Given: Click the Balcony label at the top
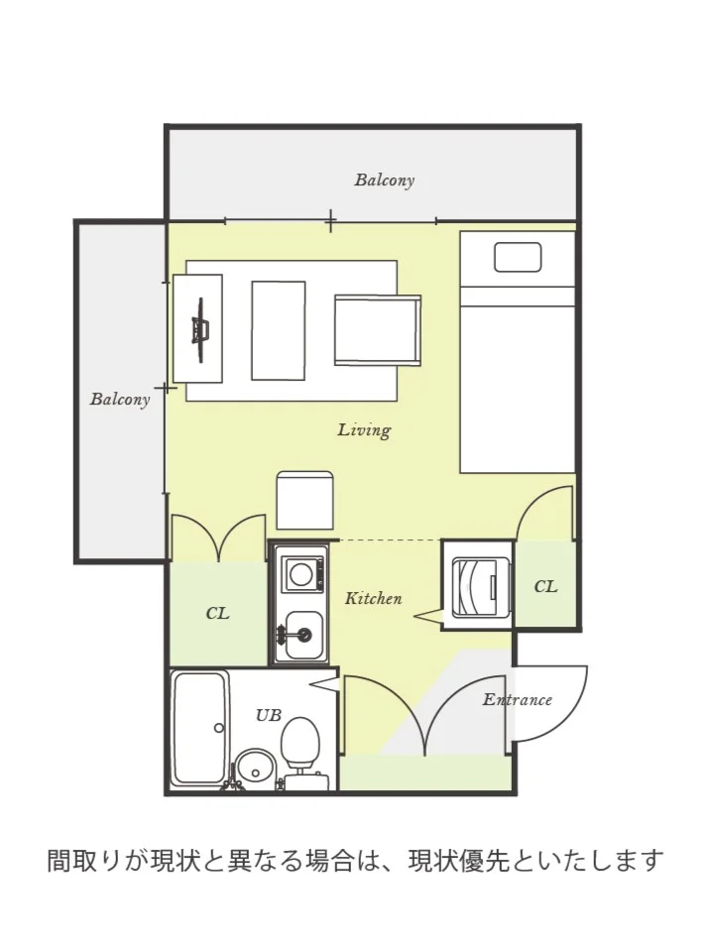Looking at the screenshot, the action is (385, 180).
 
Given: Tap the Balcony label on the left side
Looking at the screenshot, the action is (120, 399).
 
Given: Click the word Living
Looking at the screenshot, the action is (364, 430).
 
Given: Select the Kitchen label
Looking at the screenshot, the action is (374, 599).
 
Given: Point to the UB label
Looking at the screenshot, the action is (269, 716).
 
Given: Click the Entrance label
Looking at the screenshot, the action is (518, 700).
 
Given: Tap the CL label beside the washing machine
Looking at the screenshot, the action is (545, 586).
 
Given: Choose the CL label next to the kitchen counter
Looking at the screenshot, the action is (217, 614).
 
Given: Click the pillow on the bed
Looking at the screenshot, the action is (518, 257).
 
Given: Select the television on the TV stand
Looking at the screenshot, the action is (200, 330).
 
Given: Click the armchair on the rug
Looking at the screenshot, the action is (378, 330).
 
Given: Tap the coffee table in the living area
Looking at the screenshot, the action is (279, 330).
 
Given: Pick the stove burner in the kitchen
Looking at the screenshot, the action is (300, 574).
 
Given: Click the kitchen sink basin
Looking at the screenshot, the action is (303, 635).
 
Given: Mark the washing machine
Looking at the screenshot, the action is (477, 586).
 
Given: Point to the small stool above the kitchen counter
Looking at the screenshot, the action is (305, 501).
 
